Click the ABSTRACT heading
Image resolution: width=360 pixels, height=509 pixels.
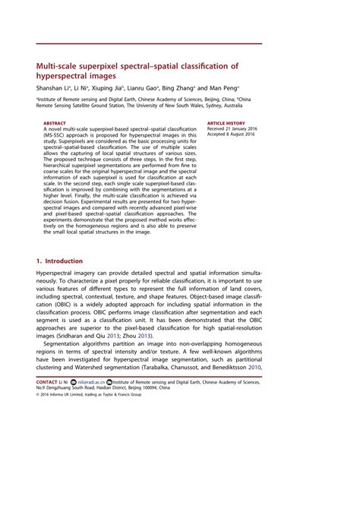[x=54, y=122]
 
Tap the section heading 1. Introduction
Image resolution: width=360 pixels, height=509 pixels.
[x=59, y=261]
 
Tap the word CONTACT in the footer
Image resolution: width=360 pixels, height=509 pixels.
[x=48, y=402]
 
